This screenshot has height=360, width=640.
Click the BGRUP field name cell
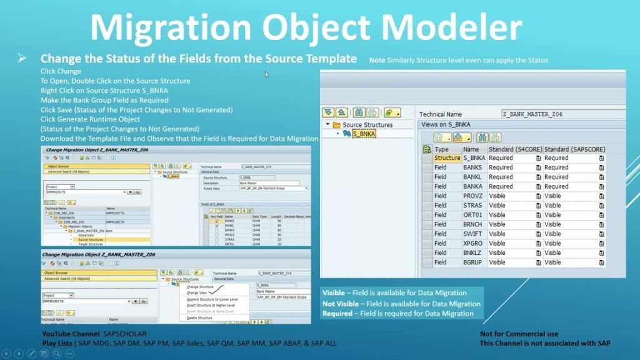coord(472,262)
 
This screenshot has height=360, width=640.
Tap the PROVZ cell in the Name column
coord(472,196)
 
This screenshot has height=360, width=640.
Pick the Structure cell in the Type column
coord(447,158)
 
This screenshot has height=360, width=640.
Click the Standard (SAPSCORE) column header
coord(574,149)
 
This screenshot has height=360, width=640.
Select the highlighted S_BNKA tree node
coord(363,134)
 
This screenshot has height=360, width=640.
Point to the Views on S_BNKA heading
coord(445,125)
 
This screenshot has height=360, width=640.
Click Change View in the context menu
coord(197,292)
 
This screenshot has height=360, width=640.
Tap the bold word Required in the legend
coord(337,314)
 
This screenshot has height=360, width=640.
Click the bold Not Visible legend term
coord(341,304)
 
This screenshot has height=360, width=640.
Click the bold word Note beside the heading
coord(377,61)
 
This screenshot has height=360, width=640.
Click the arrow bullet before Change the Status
coord(22,58)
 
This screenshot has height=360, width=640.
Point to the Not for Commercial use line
coord(519,334)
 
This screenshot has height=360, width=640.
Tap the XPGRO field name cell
coord(472,243)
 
